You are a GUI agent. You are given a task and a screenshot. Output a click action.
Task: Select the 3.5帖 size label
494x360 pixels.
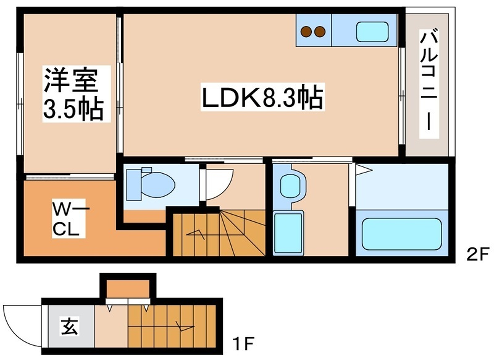72,107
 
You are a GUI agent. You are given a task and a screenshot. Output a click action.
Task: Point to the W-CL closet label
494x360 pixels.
67,217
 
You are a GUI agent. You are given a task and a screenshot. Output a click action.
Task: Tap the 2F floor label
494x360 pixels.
474,252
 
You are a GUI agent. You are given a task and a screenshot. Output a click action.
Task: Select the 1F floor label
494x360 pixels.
244,344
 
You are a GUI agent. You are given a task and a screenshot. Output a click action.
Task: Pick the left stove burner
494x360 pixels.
306,31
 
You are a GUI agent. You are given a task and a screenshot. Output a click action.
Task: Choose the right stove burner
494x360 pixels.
322,31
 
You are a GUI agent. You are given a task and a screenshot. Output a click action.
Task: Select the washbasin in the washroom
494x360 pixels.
290,185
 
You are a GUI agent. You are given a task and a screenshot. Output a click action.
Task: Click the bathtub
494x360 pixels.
401,232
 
